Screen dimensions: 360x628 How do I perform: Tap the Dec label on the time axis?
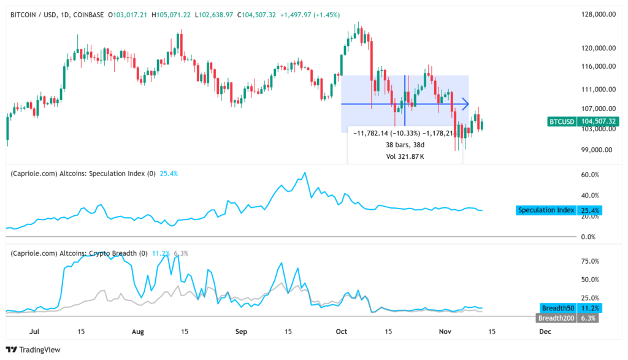pyautogui.click(x=545, y=331)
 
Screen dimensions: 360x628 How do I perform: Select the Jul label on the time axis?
pyautogui.click(x=34, y=331)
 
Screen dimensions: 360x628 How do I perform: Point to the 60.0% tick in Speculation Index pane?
pyautogui.click(x=589, y=175)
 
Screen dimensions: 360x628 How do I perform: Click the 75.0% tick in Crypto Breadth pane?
pyautogui.click(x=589, y=261)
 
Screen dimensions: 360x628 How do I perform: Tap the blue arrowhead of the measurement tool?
pyautogui.click(x=465, y=104)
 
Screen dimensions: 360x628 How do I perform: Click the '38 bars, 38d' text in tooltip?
pyautogui.click(x=405, y=145)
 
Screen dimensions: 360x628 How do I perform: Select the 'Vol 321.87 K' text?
pyautogui.click(x=405, y=156)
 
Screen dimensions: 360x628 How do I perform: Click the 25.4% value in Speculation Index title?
pyautogui.click(x=169, y=174)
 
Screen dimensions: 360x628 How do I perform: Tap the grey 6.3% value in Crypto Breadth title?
pyautogui.click(x=181, y=253)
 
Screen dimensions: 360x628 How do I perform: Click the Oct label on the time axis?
pyautogui.click(x=342, y=331)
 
